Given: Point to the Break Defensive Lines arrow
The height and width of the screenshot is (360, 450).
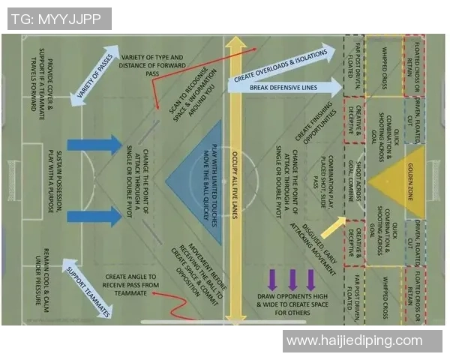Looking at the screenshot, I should point(284,88).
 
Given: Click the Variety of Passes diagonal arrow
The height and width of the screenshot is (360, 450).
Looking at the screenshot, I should point(97,76).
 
